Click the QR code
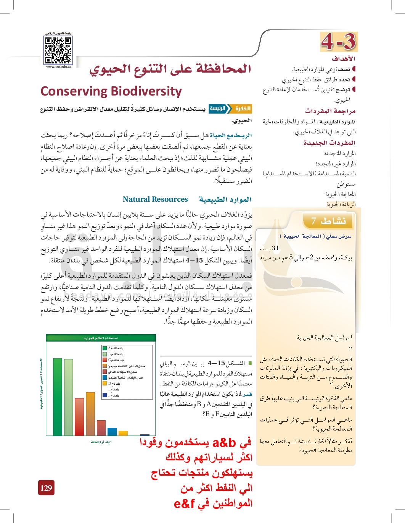click(x=58, y=50)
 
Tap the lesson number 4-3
click(x=339, y=42)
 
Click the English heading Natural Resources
click(x=155, y=199)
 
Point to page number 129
click(x=46, y=488)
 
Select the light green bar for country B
click(x=69, y=397)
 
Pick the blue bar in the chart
click(x=112, y=432)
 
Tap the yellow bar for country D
click(x=123, y=433)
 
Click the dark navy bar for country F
click(x=145, y=435)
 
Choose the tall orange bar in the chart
click(x=90, y=413)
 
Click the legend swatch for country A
click(x=104, y=348)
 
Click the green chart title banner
click(x=101, y=338)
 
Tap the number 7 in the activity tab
click(x=313, y=221)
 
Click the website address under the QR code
click(x=58, y=67)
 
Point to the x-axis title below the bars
click(x=101, y=442)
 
